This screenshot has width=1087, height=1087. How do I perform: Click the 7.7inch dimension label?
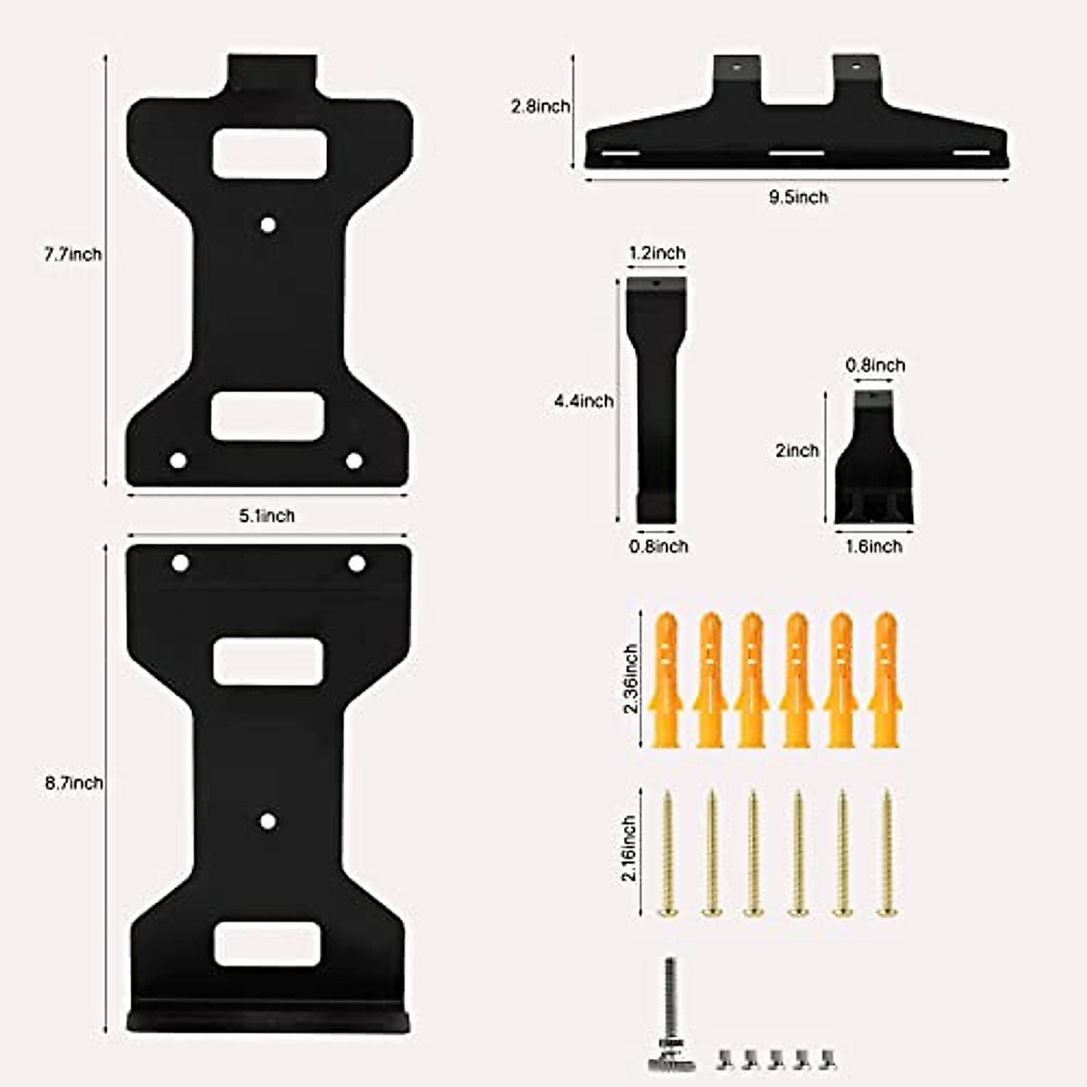click(x=73, y=255)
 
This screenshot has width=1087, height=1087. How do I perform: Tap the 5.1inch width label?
click(x=266, y=515)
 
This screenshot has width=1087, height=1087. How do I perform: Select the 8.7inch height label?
click(x=74, y=783)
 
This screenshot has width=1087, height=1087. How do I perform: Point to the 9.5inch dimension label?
click(x=798, y=197)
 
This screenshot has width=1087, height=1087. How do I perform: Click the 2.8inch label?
click(x=540, y=106)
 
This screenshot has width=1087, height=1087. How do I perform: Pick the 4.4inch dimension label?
click(x=583, y=400)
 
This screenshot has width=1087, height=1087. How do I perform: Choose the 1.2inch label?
click(x=657, y=253)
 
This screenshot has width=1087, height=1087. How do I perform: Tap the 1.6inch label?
click(x=873, y=546)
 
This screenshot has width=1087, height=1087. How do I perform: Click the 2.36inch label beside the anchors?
click(x=631, y=679)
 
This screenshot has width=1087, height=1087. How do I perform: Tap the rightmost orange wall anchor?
click(x=885, y=679)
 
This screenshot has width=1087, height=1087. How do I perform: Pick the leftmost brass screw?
click(x=667, y=851)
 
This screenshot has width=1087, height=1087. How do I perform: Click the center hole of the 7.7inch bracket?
click(x=267, y=224)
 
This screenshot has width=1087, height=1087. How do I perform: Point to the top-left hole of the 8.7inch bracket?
click(x=180, y=563)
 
